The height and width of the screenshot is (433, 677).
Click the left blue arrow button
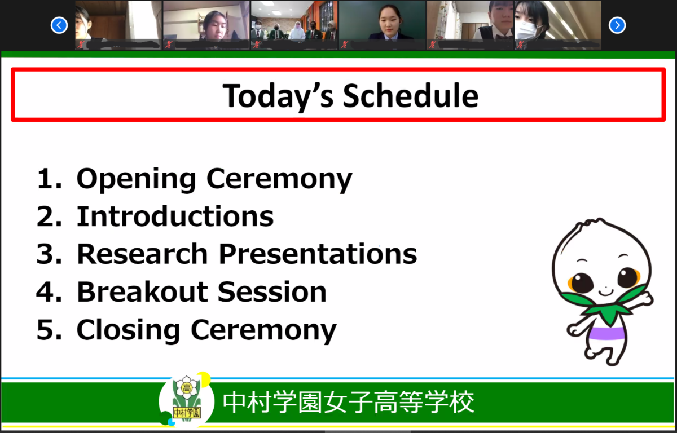tap(59, 25)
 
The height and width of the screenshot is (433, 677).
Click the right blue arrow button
tap(617, 25)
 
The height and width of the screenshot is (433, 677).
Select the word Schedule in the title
tap(411, 96)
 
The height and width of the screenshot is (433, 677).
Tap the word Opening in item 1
tap(137, 180)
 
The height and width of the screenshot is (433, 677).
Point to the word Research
tap(142, 254)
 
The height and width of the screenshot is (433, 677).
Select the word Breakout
tap(142, 291)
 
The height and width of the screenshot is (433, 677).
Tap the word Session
tap(272, 291)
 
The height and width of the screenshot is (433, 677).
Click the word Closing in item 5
tap(129, 330)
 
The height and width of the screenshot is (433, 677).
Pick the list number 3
tap(49, 254)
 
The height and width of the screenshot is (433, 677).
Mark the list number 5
tap(49, 329)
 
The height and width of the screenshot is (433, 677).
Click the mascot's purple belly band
tap(606, 333)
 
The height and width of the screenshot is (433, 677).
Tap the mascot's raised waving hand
tap(645, 299)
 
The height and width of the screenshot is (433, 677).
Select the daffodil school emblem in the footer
tap(187, 399)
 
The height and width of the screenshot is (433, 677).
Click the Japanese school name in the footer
tap(349, 402)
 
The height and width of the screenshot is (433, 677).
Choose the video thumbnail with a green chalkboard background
tap(383, 25)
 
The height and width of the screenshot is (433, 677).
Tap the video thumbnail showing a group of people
tap(294, 25)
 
